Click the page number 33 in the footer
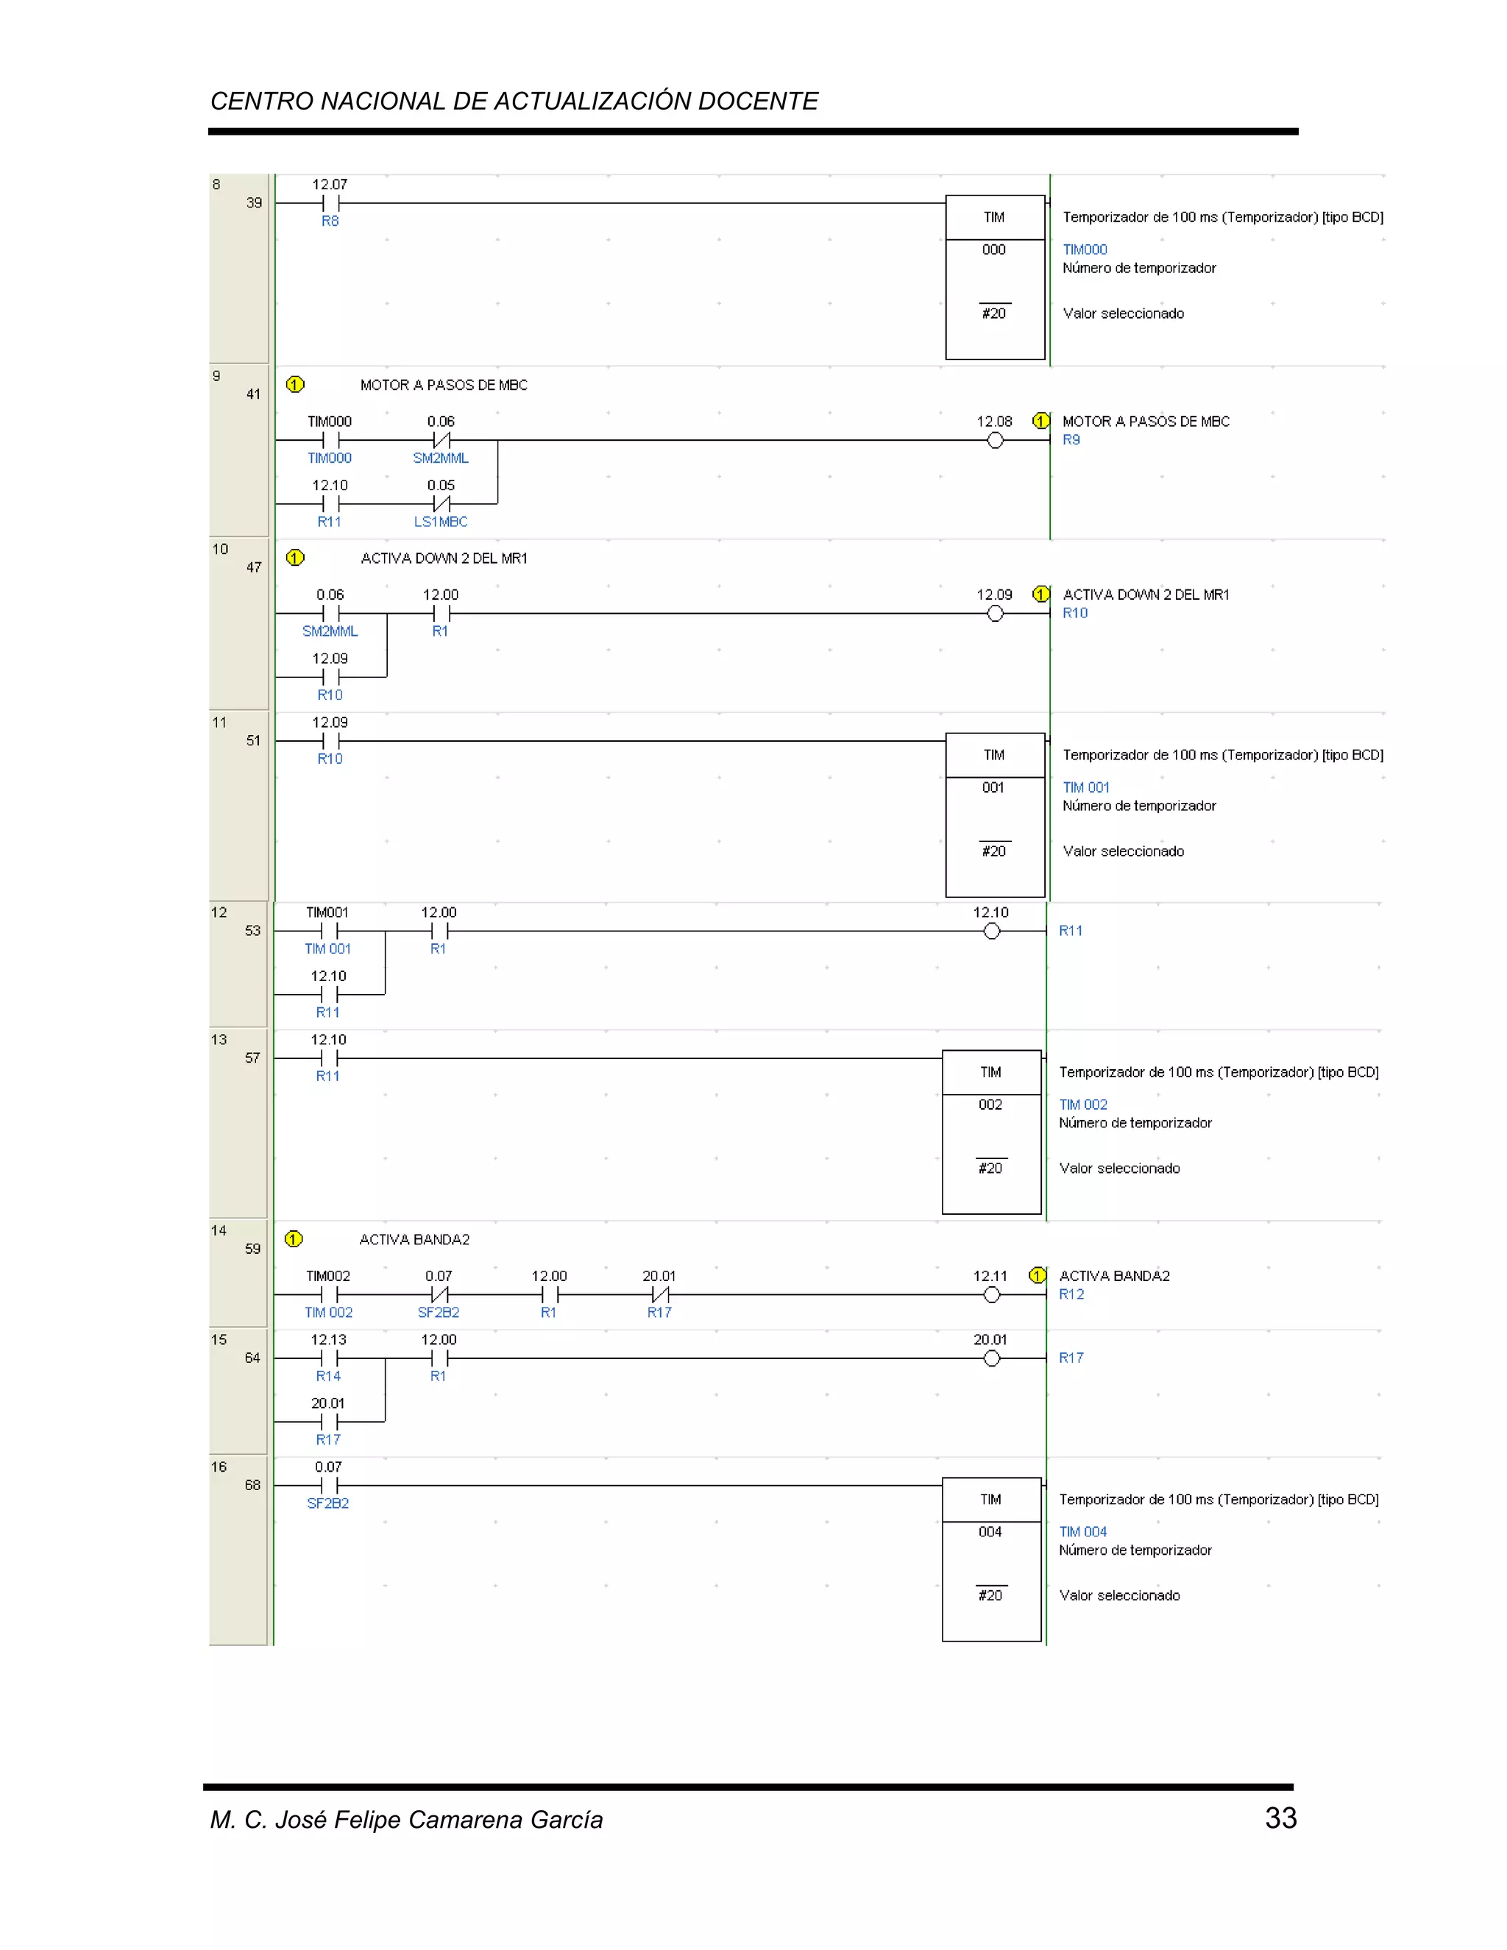pos(1280,1818)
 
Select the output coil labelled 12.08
pos(996,440)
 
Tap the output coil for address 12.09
pos(996,614)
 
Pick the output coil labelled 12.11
pos(992,1294)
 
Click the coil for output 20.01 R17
pos(992,1358)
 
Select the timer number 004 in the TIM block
pos(990,1531)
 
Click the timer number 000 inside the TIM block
pos(993,250)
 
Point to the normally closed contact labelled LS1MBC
pos(441,503)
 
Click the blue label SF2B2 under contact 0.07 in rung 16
pos(327,1503)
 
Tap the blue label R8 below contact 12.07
pos(330,221)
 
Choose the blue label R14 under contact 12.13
pos(327,1376)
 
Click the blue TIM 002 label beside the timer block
pos(1083,1105)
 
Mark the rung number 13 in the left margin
pos(219,1039)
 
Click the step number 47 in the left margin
pos(254,567)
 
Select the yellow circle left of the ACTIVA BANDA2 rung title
pos(294,1239)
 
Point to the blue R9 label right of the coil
pos(1071,439)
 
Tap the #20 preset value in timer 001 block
pos(993,851)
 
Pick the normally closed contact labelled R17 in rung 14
pos(660,1294)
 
